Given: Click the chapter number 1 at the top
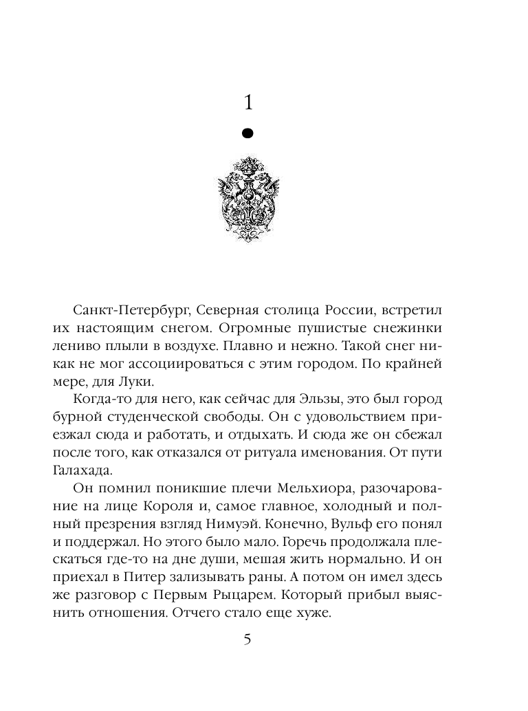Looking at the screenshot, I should point(249,103).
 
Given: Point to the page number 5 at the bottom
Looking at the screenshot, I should point(247,640).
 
